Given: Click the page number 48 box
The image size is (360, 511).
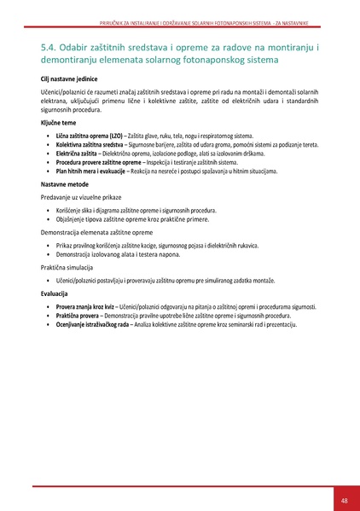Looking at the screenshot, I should pos(344,499).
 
